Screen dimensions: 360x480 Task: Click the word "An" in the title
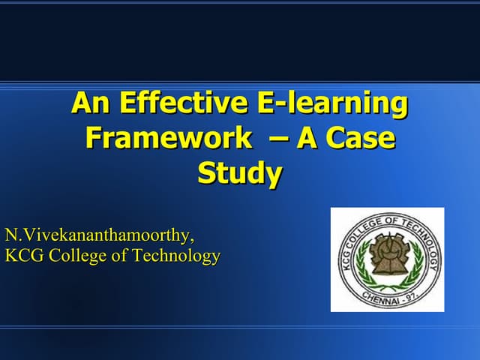[x=88, y=103]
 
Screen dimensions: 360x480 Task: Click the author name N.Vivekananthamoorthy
[x=99, y=235]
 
